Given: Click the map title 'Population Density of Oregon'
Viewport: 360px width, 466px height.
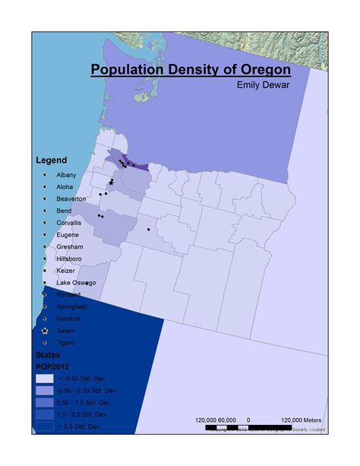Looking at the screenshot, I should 191,71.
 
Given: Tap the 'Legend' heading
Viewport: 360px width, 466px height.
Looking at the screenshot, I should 52,160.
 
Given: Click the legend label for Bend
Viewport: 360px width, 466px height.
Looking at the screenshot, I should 65,211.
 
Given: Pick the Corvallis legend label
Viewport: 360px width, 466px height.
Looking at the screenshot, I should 69,223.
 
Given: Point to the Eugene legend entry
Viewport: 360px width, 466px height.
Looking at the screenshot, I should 68,235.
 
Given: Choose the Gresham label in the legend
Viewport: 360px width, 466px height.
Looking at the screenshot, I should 70,247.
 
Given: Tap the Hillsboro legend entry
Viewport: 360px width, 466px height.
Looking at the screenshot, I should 70,258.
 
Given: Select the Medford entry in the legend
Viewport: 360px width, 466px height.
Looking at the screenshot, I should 68,319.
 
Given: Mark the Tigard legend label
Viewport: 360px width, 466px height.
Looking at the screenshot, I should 66,343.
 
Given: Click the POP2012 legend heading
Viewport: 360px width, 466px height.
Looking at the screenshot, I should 54,366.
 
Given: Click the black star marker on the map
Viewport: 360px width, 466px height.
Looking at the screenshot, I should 111,182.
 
